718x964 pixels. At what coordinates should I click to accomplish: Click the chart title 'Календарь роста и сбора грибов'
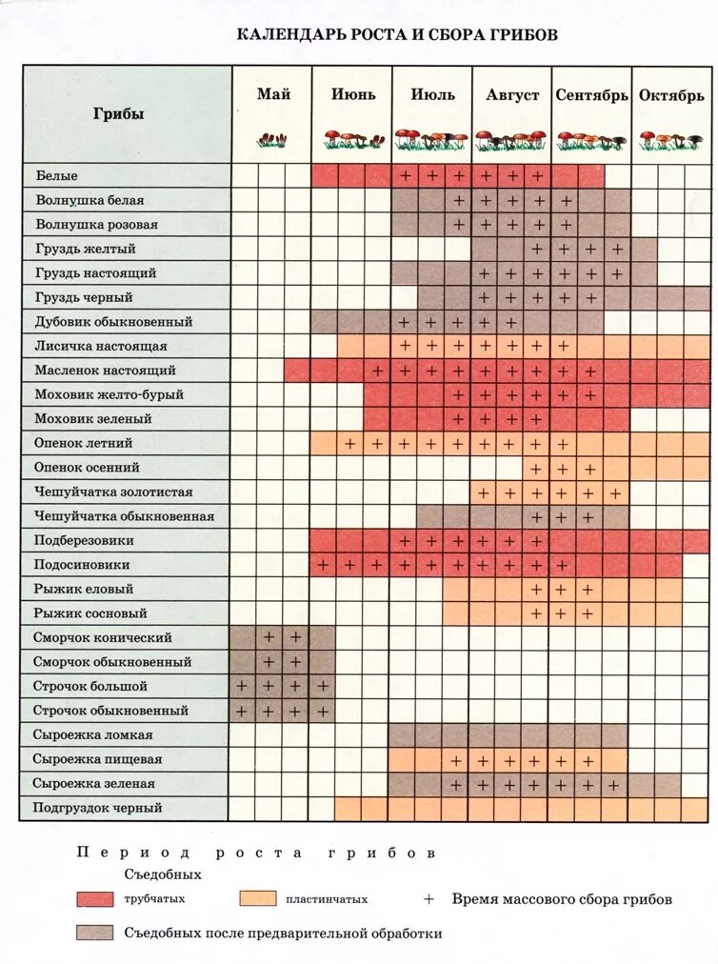(397, 35)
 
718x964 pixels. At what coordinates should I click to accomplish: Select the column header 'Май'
(272, 94)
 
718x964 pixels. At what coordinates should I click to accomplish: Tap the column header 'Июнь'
(352, 94)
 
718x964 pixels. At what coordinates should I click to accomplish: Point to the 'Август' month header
(512, 95)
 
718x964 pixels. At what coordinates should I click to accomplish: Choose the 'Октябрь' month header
(671, 95)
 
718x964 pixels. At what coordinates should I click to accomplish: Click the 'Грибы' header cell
(119, 113)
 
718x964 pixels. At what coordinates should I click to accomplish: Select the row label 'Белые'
(57, 176)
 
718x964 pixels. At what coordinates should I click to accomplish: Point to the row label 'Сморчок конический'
(103, 637)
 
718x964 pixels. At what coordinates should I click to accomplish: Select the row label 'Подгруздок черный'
(97, 808)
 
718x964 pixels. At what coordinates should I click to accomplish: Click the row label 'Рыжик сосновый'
(90, 613)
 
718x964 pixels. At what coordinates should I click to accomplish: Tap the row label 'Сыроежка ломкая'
(92, 735)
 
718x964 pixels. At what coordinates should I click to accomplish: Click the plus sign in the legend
(429, 898)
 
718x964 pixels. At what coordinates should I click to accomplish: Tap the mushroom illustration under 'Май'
(272, 140)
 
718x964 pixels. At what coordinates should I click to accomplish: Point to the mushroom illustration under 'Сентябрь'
(591, 141)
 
